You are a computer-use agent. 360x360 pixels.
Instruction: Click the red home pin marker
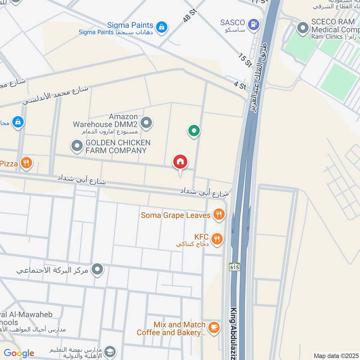click(180, 162)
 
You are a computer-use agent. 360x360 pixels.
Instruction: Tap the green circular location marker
click(194, 131)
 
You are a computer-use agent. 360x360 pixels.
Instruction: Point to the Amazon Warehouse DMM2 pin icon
click(146, 122)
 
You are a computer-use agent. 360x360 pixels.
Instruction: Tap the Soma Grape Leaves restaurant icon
click(219, 215)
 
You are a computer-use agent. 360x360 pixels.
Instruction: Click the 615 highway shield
click(234, 267)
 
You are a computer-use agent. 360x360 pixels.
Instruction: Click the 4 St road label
click(240, 85)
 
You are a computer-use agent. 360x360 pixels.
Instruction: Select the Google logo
click(18, 353)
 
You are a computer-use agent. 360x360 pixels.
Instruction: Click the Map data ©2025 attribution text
click(335, 356)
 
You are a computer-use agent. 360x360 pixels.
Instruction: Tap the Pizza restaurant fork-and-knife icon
click(27, 163)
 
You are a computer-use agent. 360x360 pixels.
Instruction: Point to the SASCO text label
click(232, 22)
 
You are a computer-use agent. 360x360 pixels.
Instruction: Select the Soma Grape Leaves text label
click(175, 215)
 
